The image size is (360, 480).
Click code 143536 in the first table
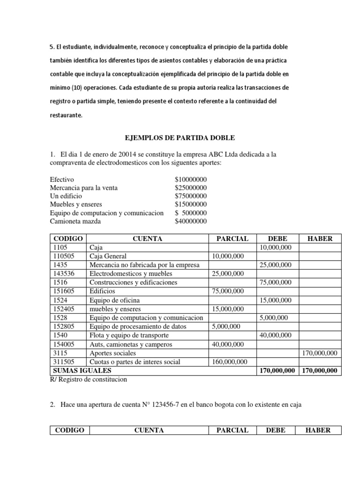point(63,274)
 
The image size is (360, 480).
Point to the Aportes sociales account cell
point(112,353)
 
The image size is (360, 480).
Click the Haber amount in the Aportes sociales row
point(319,353)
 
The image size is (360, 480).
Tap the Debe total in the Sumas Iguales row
point(277,371)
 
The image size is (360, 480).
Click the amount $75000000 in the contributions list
point(191,196)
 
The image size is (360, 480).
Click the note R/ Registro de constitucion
point(90,380)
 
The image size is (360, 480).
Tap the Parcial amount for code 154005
point(228,344)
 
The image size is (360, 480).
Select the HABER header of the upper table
point(320,238)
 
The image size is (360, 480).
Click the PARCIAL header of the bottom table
point(232,430)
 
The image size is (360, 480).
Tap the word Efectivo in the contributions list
point(62,180)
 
